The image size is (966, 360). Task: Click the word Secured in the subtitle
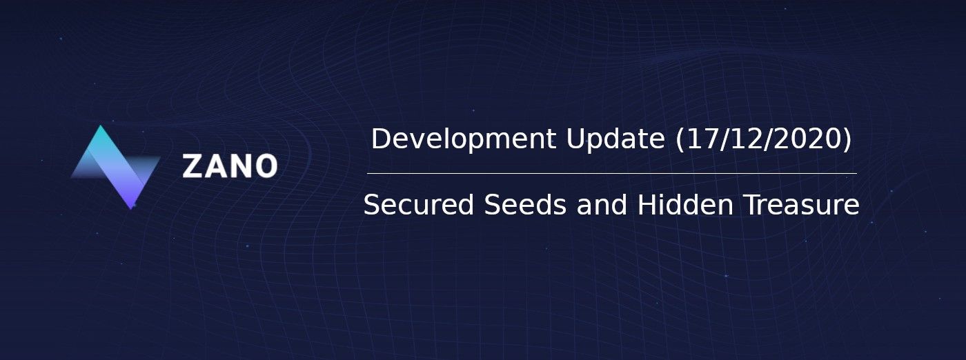coord(419,204)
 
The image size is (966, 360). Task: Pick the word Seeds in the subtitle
coord(525,204)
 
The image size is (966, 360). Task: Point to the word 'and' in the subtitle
coord(602,204)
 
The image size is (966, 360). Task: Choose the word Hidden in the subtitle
coord(685,204)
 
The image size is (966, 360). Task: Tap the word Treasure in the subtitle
coord(801,204)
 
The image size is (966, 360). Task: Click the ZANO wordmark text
coord(230,166)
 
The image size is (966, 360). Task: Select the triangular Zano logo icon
coord(116,168)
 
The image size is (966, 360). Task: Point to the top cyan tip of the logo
coord(101,126)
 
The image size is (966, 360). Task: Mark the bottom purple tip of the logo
coord(132,209)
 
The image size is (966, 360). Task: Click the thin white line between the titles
coord(612,173)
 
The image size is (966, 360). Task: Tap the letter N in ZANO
coord(241,166)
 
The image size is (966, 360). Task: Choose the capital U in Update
coord(575,139)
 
